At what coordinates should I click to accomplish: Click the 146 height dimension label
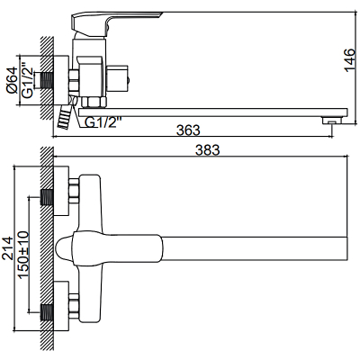[349, 60]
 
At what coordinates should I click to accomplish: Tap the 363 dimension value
[188, 130]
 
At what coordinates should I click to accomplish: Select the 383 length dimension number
[208, 150]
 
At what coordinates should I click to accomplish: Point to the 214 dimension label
[7, 248]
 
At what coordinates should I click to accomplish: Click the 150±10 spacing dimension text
[23, 255]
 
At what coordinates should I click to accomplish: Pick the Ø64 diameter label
[12, 80]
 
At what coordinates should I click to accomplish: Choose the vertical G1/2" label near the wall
[26, 80]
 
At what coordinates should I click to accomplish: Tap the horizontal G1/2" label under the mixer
[103, 122]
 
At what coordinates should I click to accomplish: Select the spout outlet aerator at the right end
[332, 121]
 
